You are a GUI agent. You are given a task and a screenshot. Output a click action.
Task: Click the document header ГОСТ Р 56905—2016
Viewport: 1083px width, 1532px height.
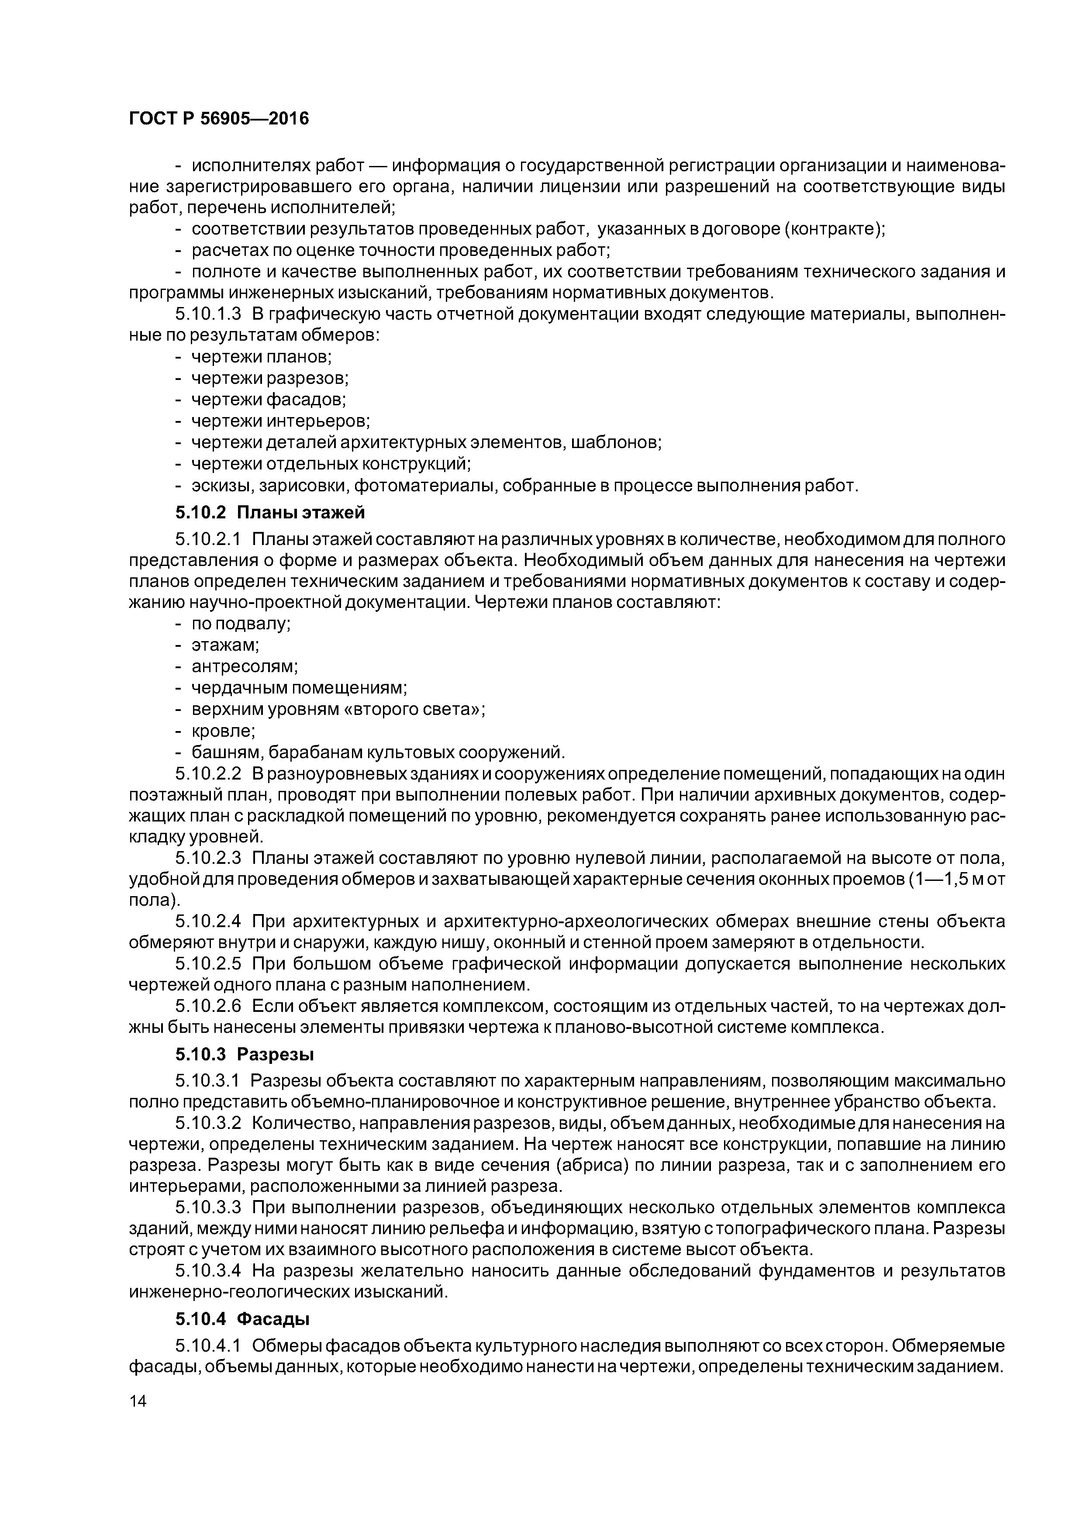pos(219,119)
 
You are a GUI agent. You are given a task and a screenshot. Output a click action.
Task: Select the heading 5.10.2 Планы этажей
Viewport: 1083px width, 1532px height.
pos(270,512)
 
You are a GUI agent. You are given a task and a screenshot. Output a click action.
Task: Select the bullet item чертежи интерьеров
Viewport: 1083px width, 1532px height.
pos(280,421)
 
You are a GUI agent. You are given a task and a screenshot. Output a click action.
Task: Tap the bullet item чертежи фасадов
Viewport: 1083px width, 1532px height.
pos(269,400)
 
